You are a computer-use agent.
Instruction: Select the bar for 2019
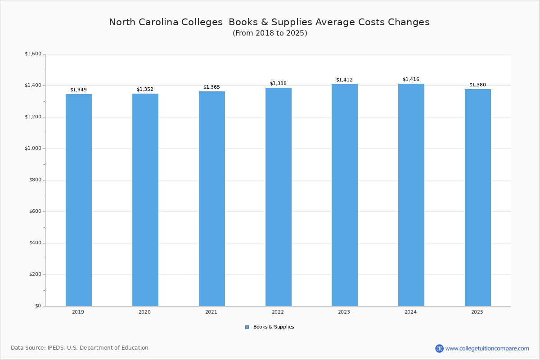click(x=78, y=200)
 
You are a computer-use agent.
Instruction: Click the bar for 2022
click(x=278, y=197)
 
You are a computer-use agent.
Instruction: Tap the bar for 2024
click(x=411, y=194)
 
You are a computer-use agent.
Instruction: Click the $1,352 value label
click(x=145, y=89)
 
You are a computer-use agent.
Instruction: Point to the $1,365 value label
click(x=211, y=87)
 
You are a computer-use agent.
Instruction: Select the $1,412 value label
click(x=344, y=80)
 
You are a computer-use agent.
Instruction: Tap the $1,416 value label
click(x=411, y=79)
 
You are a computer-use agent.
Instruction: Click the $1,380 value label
click(x=477, y=85)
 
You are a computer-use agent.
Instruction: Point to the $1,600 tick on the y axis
click(x=33, y=54)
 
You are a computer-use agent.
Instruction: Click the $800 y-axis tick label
click(x=35, y=180)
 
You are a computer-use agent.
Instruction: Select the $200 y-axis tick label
click(x=35, y=274)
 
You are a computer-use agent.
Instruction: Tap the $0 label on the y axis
click(x=38, y=306)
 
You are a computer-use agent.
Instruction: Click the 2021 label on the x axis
click(x=211, y=312)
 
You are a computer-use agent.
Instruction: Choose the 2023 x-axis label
click(x=344, y=312)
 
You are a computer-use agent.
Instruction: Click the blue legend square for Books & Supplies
click(x=247, y=327)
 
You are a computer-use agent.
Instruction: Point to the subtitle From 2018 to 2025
click(x=270, y=33)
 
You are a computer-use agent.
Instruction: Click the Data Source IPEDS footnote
click(x=80, y=348)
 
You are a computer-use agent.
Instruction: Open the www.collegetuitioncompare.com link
click(x=487, y=348)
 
